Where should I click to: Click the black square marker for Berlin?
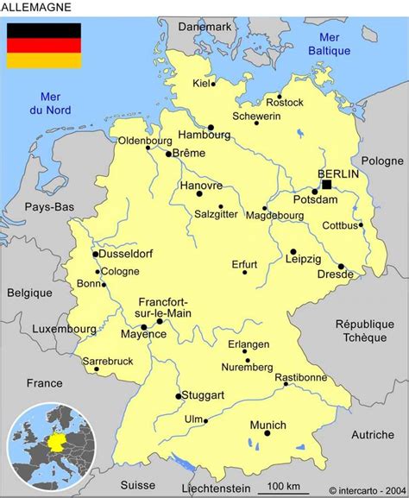(326, 184)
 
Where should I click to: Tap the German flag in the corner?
(44, 45)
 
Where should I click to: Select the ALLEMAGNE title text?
(37, 7)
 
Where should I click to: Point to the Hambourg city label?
(204, 136)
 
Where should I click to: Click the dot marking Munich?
(267, 433)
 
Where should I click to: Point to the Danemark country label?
(205, 27)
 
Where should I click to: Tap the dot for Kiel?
(213, 84)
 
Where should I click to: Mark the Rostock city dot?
(280, 97)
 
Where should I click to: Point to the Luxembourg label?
(64, 329)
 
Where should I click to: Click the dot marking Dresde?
(341, 267)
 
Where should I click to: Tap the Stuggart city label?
(204, 395)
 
